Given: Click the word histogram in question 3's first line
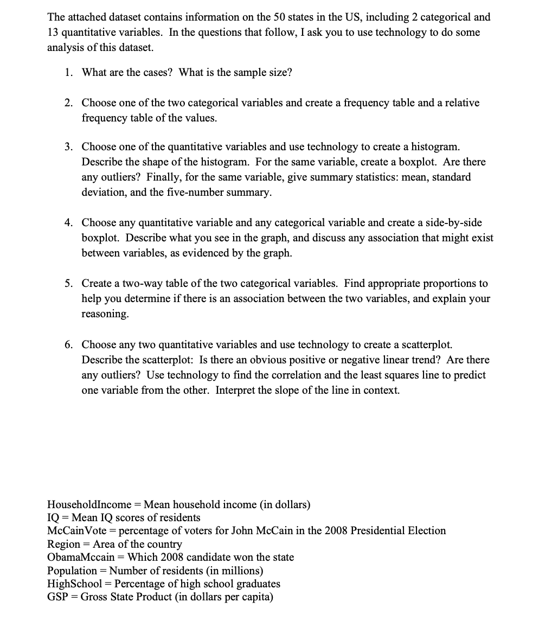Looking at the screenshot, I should point(435,147).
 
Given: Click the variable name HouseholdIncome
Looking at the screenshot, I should point(89,505).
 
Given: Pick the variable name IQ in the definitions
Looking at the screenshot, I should point(53,518).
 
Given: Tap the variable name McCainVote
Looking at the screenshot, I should point(76,531).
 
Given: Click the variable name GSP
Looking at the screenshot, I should point(57,597).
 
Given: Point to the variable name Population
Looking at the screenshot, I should point(72,571).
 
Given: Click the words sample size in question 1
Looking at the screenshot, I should point(265,73).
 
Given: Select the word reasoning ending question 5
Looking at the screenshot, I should point(105,314).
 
